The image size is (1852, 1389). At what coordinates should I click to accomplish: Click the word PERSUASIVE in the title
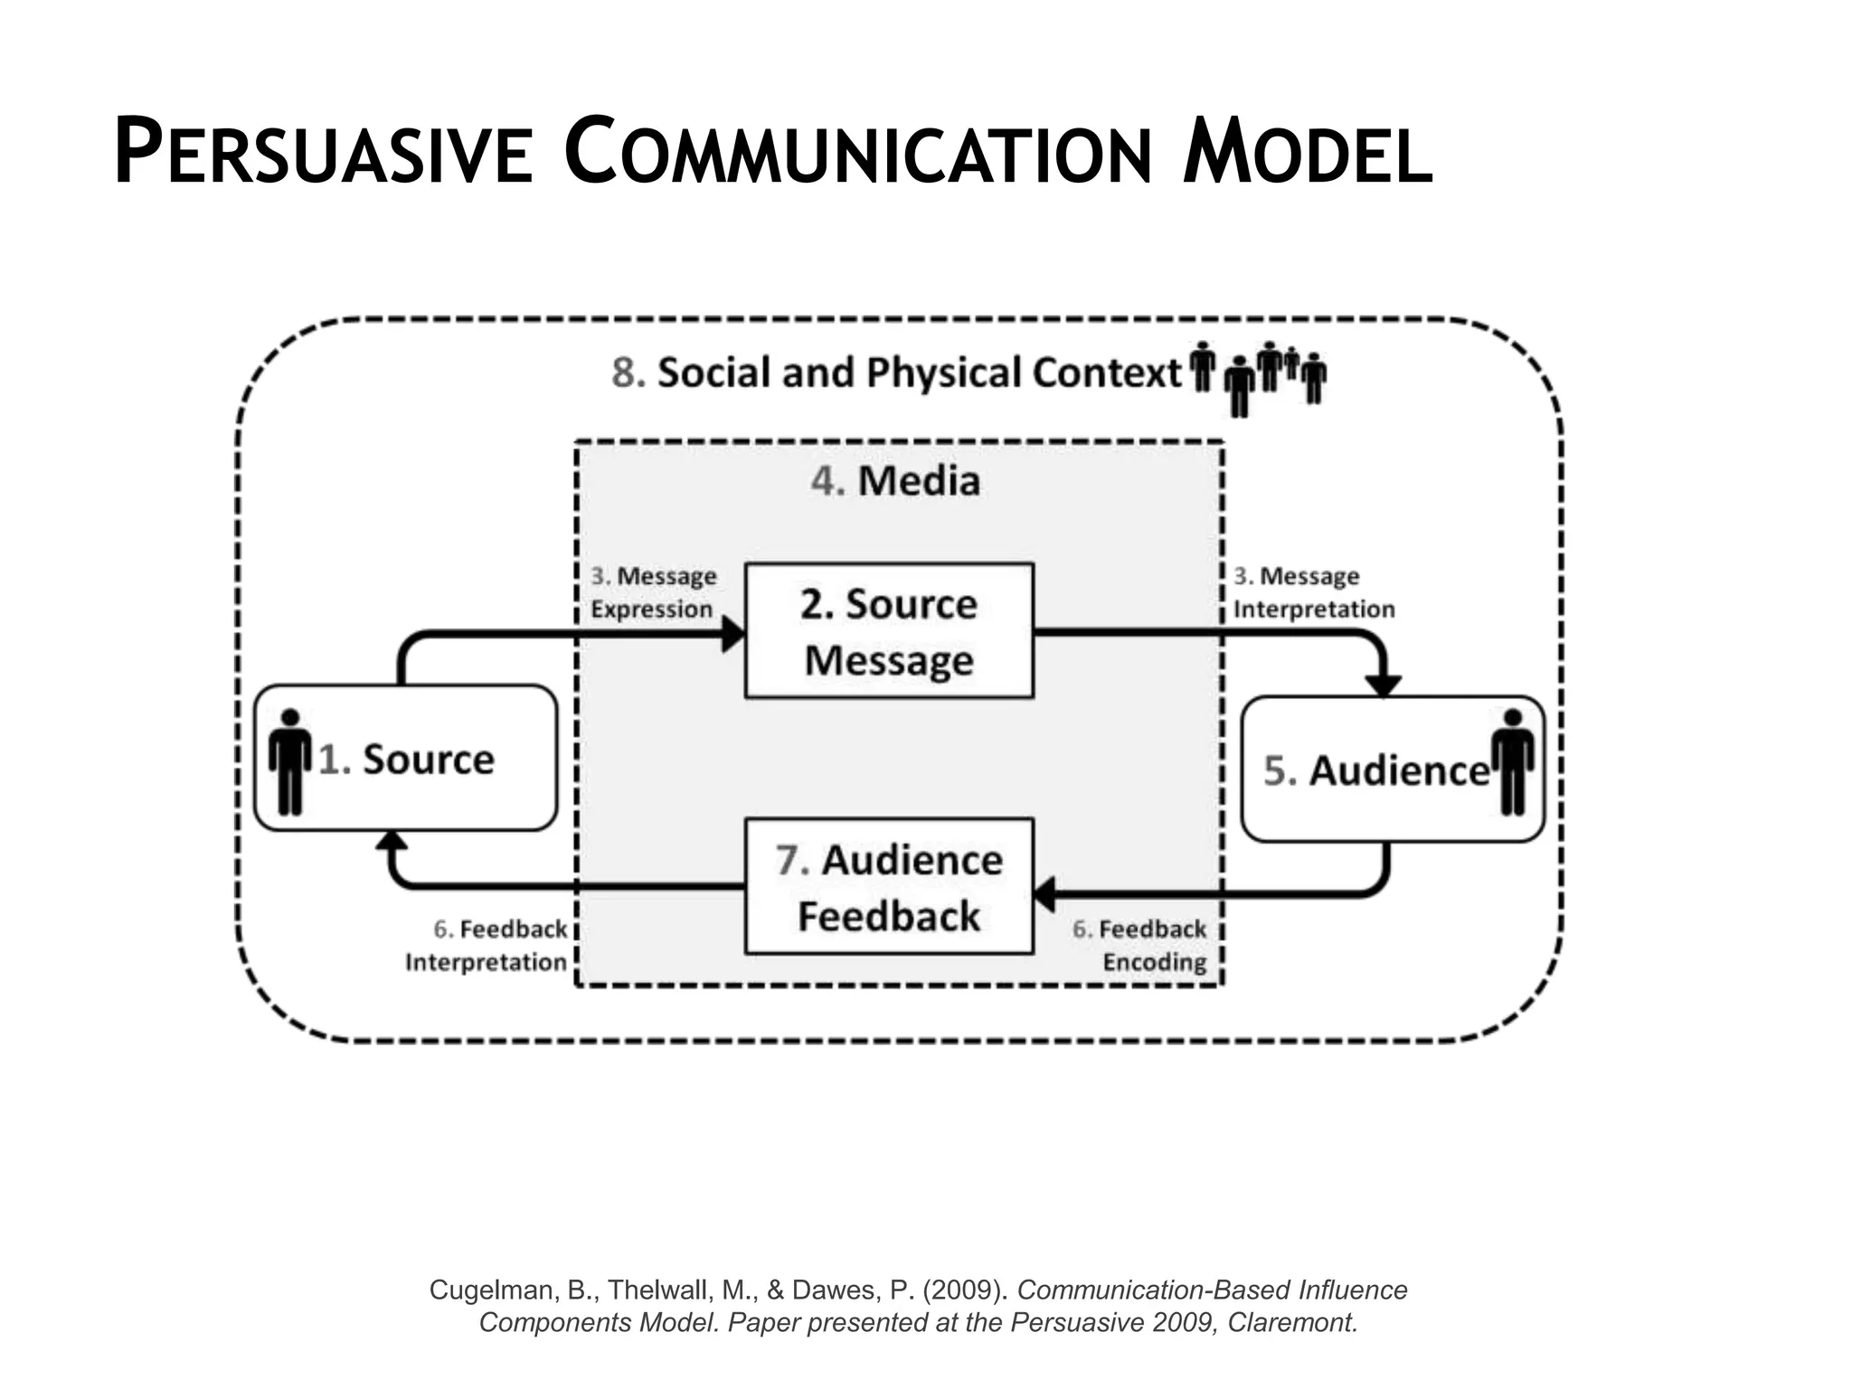[x=323, y=154]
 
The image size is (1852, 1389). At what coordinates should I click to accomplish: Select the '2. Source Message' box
[x=889, y=631]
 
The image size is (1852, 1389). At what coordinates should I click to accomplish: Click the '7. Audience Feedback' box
[x=889, y=887]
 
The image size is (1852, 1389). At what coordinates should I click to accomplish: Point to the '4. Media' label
[x=895, y=480]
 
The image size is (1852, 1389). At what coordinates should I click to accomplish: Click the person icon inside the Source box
[x=289, y=761]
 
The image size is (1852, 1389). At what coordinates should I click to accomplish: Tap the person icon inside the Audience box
[x=1512, y=761]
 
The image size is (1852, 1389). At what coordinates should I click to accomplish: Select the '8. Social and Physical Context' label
[x=895, y=373]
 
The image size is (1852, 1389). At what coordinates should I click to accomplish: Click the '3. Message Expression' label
[x=653, y=592]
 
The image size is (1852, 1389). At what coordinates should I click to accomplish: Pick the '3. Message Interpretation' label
[x=1313, y=592]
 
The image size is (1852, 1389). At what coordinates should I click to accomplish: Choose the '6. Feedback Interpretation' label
[x=487, y=946]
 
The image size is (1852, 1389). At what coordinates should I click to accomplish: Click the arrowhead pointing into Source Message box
[x=732, y=634]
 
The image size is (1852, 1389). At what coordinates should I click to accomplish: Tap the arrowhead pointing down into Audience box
[x=1383, y=685]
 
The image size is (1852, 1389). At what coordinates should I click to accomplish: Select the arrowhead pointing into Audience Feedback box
[x=1044, y=893]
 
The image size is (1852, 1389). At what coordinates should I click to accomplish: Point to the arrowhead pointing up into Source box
[x=392, y=841]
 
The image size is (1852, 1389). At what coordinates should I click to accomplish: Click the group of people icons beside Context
[x=1258, y=377]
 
